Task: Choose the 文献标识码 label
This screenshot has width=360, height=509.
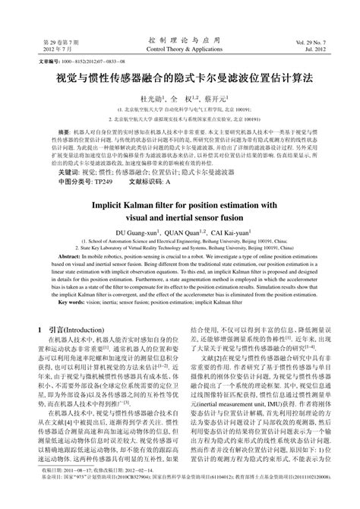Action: coord(145,183)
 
